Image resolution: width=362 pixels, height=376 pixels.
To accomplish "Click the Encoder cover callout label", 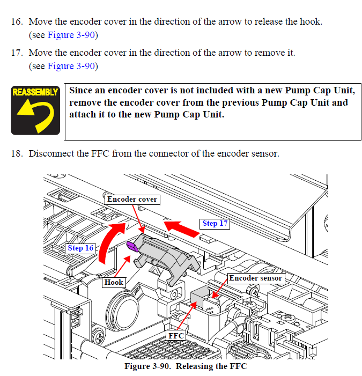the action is coord(132,200).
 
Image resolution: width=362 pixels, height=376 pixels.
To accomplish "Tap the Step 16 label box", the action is coord(80,248).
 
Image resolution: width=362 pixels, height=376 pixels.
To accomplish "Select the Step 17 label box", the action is coord(215,224).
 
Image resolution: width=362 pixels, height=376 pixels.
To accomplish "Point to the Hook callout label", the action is coord(114,282).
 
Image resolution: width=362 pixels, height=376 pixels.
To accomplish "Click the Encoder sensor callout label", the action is coord(256,278).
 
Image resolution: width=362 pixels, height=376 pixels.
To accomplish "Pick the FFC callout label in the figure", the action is coord(176,336).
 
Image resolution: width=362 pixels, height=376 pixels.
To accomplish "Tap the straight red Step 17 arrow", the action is coord(181,228).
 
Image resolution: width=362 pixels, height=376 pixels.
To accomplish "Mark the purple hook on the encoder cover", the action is coord(132,246).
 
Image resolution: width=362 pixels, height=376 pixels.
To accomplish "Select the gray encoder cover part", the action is coord(163,256).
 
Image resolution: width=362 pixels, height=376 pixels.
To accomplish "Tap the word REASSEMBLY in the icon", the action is coord(35,92).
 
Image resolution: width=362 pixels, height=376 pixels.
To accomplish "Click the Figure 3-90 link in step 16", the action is coord(71,35).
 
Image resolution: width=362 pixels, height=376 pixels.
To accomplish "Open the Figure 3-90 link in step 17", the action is coord(71,66).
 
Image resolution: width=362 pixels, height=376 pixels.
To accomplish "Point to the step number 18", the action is coord(17,153).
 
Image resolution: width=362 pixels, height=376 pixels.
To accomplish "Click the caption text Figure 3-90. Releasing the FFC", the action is coord(186,366).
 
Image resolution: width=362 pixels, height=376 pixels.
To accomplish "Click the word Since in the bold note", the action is coord(80,91).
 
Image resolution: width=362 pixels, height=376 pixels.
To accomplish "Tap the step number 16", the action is coord(17,21).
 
